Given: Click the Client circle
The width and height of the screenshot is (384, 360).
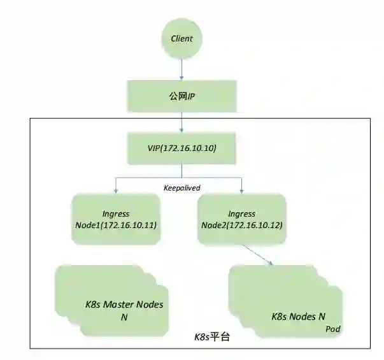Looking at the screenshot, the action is coord(181,39).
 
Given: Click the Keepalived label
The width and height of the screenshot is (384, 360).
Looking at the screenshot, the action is coord(181,189).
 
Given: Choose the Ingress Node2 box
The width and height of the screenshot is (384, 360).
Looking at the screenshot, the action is coord(241,220).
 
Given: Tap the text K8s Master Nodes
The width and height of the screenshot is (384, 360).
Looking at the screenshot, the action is coord(124,305).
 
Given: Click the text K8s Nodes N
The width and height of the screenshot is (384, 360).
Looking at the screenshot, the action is coord(299,315).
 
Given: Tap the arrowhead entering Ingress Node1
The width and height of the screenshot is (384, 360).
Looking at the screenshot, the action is coord(115,191).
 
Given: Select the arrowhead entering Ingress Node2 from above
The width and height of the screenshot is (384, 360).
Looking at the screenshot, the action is coord(242,191).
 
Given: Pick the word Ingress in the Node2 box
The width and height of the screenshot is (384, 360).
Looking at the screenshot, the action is coord(241,214).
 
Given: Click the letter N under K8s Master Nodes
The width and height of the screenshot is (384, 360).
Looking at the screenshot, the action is coord(124,317).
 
